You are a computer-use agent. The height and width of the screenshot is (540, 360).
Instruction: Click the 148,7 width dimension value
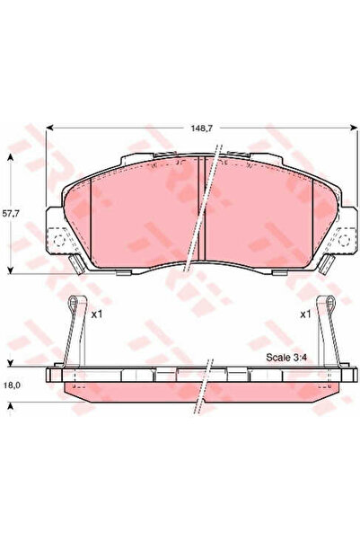[x=202, y=128]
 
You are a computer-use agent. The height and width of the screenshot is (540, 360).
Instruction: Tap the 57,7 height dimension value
[x=11, y=213]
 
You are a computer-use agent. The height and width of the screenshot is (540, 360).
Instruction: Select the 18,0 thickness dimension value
[x=11, y=385]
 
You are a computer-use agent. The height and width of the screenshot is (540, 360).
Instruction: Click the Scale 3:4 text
[x=286, y=357]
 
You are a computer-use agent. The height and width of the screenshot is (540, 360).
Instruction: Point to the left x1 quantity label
[x=97, y=314]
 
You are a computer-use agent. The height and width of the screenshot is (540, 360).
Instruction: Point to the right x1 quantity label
[x=305, y=314]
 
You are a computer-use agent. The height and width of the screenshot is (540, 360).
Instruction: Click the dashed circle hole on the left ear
[x=59, y=240]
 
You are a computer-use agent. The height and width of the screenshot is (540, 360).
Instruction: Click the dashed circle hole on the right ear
[x=343, y=240]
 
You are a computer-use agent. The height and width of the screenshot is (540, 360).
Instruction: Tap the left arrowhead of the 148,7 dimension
[x=49, y=128]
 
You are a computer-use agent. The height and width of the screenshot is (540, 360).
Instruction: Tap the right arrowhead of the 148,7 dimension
[x=353, y=128]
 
